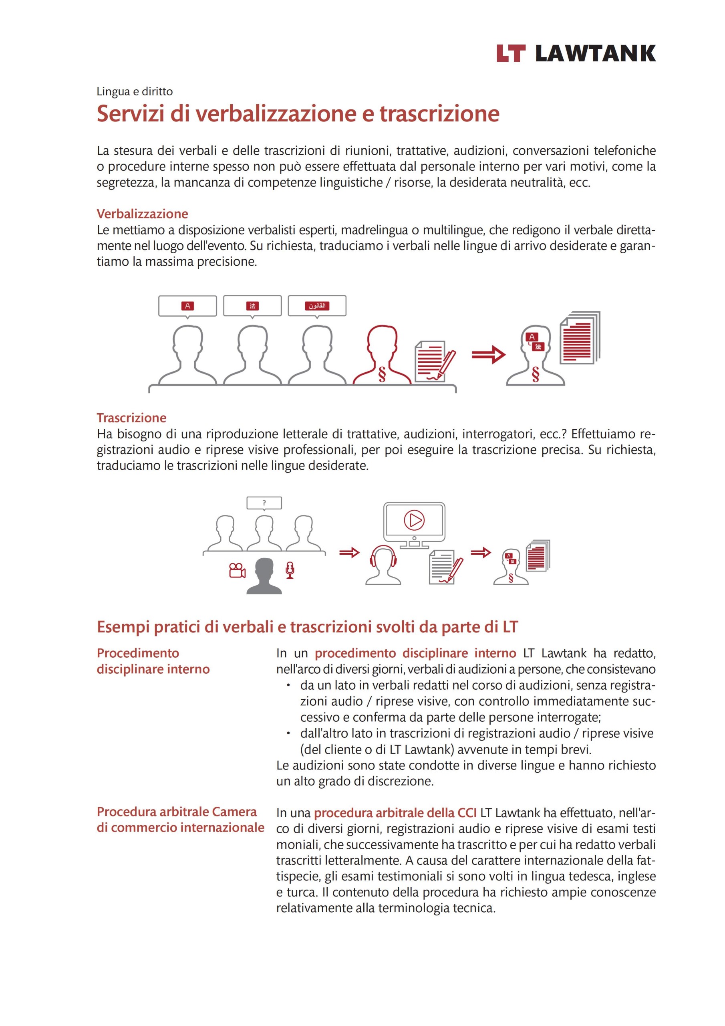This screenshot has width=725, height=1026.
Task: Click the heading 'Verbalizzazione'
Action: coord(142,214)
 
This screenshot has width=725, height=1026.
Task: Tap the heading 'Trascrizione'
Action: coord(131,418)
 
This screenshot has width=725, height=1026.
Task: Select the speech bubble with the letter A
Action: coord(187,306)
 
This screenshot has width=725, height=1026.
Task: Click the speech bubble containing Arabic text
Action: coord(317,306)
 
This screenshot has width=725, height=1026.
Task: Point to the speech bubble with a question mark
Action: coord(264,503)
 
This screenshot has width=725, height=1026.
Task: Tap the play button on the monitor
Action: coord(414,520)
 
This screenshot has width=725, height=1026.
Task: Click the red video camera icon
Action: coord(237,571)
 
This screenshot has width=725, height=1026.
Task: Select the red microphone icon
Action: coord(290,570)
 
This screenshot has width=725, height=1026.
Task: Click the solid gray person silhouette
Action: coord(264,576)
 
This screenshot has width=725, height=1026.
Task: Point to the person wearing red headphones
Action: coord(383,565)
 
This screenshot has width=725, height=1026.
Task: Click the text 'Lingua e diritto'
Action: coord(135,92)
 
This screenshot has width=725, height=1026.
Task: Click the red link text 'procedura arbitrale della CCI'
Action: coord(395,813)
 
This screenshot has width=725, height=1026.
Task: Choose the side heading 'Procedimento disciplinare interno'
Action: coord(153,661)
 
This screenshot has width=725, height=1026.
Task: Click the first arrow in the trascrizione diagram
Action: coord(349,553)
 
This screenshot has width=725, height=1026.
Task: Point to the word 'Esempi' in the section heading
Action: coord(123,627)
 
